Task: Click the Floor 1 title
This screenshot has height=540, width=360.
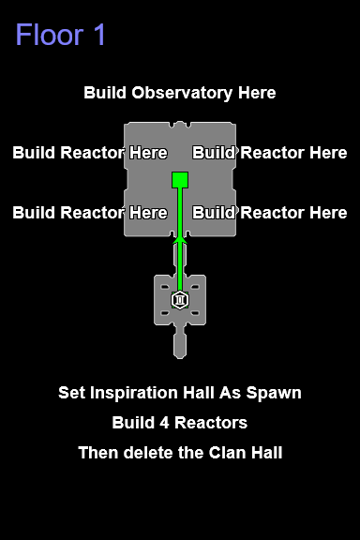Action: (60, 35)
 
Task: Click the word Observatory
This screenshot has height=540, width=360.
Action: (182, 93)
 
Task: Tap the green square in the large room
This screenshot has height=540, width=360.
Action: (180, 180)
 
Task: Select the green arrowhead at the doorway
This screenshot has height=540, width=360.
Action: (180, 240)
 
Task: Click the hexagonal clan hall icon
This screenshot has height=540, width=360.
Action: (180, 300)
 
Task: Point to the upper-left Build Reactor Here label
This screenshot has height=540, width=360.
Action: (90, 153)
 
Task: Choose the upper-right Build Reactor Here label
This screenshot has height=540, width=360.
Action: (270, 153)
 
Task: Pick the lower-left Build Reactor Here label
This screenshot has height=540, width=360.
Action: (90, 213)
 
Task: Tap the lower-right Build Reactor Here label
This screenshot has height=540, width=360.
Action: (270, 213)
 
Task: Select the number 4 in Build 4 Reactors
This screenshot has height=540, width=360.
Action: (164, 423)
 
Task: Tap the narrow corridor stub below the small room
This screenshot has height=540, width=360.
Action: (180, 344)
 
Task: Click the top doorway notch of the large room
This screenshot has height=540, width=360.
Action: (180, 125)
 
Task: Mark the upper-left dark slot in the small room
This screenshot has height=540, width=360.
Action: (165, 287)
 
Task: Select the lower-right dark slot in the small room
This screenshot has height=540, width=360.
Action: (195, 313)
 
